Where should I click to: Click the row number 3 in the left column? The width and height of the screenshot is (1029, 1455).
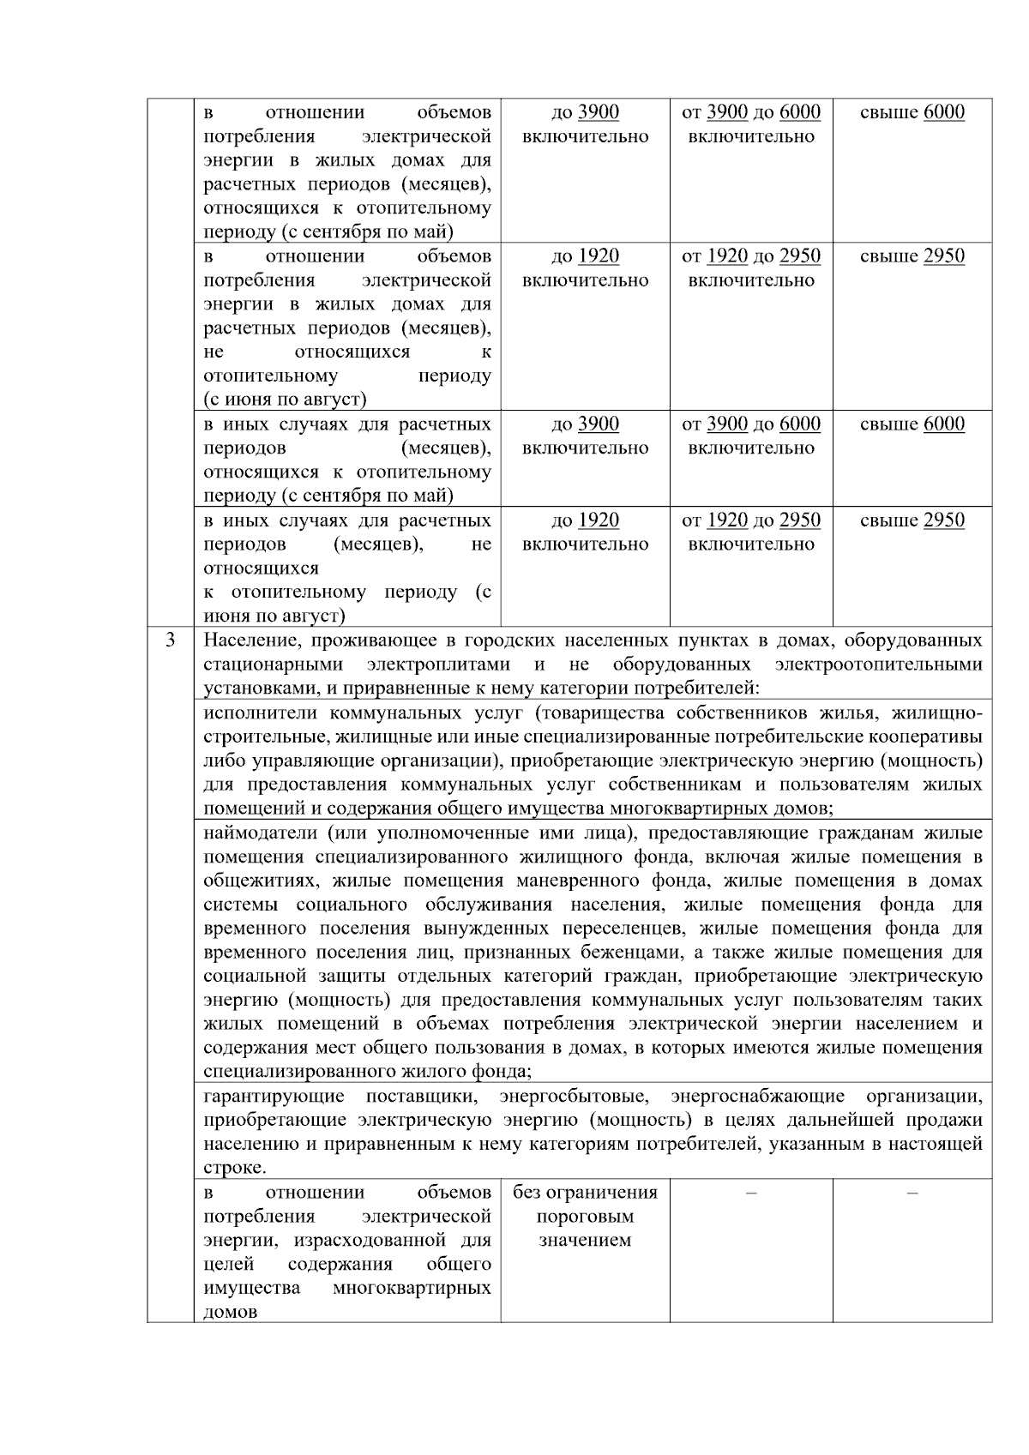[170, 640]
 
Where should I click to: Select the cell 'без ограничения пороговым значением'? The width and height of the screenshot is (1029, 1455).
[585, 1216]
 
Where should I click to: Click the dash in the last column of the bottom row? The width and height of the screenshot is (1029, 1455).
[912, 1193]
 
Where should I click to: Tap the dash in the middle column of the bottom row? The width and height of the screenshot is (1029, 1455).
[751, 1193]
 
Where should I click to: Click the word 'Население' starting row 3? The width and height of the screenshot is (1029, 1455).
[247, 640]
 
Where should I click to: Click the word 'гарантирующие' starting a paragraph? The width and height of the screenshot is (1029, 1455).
[274, 1096]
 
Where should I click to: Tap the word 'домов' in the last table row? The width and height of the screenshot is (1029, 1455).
[231, 1312]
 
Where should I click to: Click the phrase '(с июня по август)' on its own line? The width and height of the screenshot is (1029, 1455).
[285, 400]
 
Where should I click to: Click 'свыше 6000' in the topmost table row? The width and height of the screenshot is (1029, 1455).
[912, 112]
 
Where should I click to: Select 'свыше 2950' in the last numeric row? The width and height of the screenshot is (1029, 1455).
[912, 520]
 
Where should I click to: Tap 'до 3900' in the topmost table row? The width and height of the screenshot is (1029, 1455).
[585, 112]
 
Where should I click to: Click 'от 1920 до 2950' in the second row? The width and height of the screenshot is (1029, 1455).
[750, 256]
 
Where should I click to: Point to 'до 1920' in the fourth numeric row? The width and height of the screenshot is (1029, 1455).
[585, 520]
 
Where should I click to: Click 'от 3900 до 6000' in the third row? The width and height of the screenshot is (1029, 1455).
[750, 424]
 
